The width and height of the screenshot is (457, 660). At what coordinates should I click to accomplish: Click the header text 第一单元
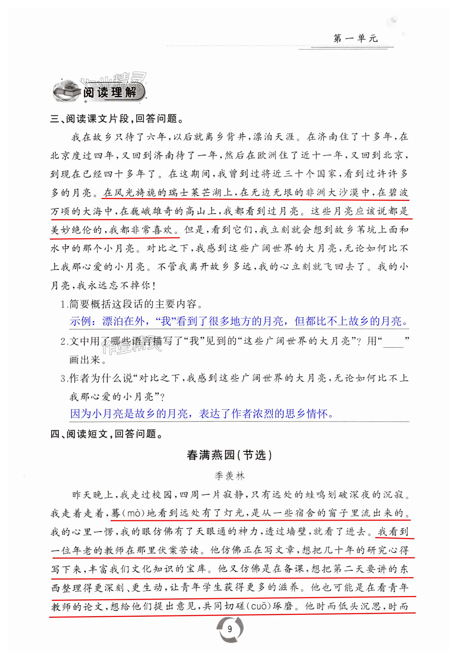point(356,38)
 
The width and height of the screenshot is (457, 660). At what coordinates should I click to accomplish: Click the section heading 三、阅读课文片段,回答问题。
point(117,118)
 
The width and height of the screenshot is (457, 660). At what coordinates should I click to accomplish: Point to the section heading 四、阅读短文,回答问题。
point(106,434)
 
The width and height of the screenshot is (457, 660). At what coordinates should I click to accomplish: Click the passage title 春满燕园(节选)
point(229,455)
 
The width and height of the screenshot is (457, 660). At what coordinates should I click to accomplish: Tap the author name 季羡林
point(230,476)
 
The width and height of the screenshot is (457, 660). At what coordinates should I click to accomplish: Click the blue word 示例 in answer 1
point(80,321)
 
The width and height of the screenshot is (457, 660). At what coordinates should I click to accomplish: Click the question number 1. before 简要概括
point(64,304)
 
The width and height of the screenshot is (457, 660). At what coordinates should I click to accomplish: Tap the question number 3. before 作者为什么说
point(64,379)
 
